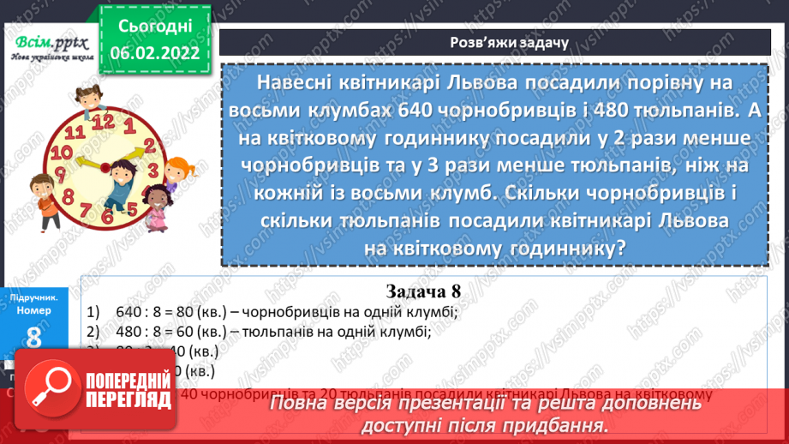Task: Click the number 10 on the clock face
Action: tap(60, 152)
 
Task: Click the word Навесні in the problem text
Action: tap(294, 81)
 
